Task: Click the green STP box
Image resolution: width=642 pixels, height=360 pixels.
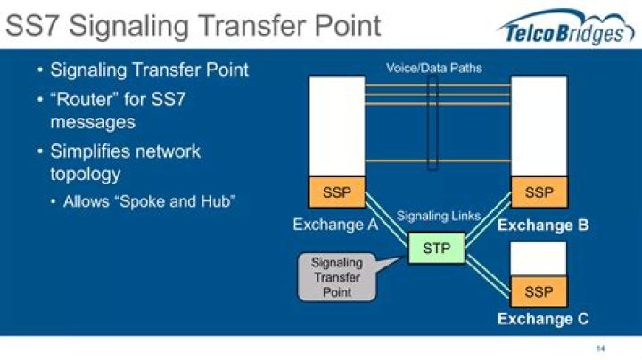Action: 437,248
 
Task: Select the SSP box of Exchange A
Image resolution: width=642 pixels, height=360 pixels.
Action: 336,192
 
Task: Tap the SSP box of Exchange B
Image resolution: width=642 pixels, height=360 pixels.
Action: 539,192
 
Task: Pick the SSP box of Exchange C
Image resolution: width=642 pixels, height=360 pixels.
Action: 539,291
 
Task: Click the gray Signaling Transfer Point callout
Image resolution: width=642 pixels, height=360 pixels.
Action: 337,277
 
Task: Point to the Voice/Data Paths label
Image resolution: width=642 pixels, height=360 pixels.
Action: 434,68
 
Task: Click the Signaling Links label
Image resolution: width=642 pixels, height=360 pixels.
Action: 439,216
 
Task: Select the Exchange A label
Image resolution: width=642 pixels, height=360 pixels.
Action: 335,225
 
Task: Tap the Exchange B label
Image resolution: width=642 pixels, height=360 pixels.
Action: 543,225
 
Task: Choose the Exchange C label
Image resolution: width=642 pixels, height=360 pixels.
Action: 543,319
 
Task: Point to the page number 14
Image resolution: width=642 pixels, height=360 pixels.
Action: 601,348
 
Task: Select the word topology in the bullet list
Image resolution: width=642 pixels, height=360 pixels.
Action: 86,175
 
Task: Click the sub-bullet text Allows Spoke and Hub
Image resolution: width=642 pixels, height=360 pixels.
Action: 150,201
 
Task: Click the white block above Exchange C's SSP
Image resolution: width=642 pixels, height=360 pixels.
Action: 539,259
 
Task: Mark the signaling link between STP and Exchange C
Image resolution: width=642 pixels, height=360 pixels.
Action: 488,275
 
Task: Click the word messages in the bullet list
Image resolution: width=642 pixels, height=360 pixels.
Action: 93,122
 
